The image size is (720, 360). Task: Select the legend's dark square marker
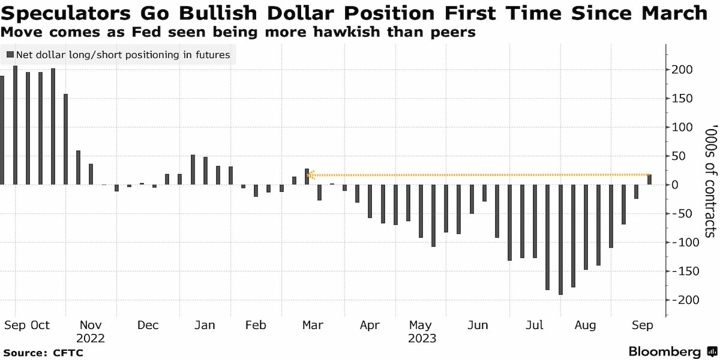(x=10, y=55)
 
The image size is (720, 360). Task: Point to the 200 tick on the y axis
(x=682, y=70)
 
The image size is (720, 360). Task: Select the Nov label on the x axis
(x=90, y=325)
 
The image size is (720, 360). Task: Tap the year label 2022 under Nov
(x=90, y=338)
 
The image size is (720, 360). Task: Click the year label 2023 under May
(x=422, y=338)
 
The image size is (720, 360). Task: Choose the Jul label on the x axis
(x=534, y=325)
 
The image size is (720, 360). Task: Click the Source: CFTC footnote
(x=43, y=352)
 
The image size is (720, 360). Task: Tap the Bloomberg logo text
(x=665, y=351)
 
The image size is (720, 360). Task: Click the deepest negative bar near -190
(x=561, y=240)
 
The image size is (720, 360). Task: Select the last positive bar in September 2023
(x=649, y=180)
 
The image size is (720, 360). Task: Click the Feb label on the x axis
(x=256, y=325)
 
